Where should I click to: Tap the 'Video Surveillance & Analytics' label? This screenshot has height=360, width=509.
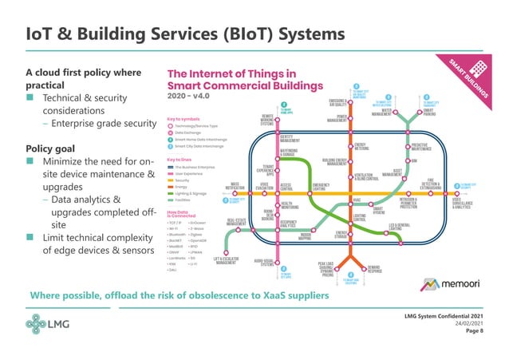[x=463, y=201]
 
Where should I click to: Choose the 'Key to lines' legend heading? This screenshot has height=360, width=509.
[x=179, y=160]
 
